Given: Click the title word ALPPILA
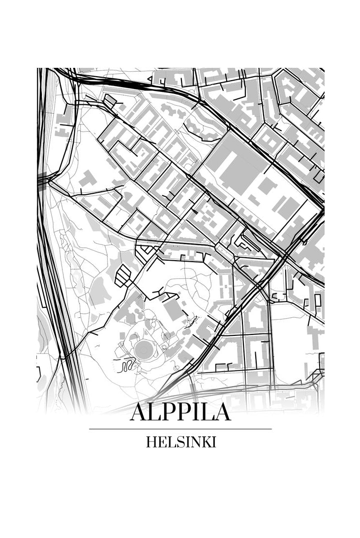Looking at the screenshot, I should [x=180, y=412].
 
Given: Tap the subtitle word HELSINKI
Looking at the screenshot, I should [x=180, y=442].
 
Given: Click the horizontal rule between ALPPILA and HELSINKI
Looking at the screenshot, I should [x=180, y=429].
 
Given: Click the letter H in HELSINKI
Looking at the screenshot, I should [x=150, y=442].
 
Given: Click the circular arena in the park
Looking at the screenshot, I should [x=144, y=350].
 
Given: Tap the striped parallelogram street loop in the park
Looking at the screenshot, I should [x=123, y=276].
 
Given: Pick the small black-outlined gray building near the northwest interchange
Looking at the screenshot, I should [x=110, y=101].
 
